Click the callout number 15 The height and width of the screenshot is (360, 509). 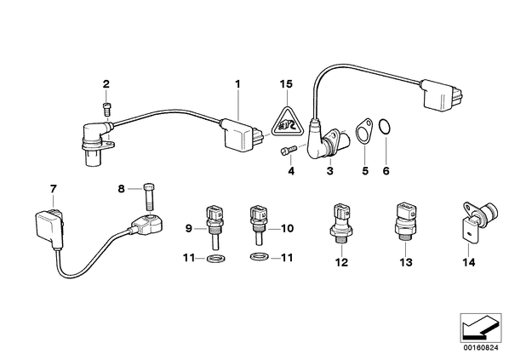click(x=286, y=84)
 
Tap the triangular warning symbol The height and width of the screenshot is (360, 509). click(x=287, y=122)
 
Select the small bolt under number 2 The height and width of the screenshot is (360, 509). click(x=106, y=108)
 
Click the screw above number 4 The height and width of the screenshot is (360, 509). click(x=289, y=151)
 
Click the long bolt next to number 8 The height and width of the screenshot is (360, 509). click(x=149, y=197)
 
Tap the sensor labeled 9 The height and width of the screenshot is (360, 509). click(x=214, y=227)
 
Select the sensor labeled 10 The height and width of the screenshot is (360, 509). click(x=259, y=225)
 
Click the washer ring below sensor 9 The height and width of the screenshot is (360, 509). click(x=216, y=259)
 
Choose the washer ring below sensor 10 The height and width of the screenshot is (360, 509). click(x=260, y=257)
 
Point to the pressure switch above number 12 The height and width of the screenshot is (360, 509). click(x=340, y=224)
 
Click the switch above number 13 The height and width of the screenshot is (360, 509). click(x=404, y=222)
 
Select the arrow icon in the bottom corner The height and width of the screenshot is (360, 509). click(x=480, y=328)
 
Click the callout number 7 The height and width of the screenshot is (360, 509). click(x=54, y=189)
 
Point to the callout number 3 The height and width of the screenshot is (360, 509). click(x=329, y=171)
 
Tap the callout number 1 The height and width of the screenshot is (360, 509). click(x=237, y=84)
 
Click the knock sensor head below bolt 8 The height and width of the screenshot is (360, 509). click(x=148, y=223)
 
